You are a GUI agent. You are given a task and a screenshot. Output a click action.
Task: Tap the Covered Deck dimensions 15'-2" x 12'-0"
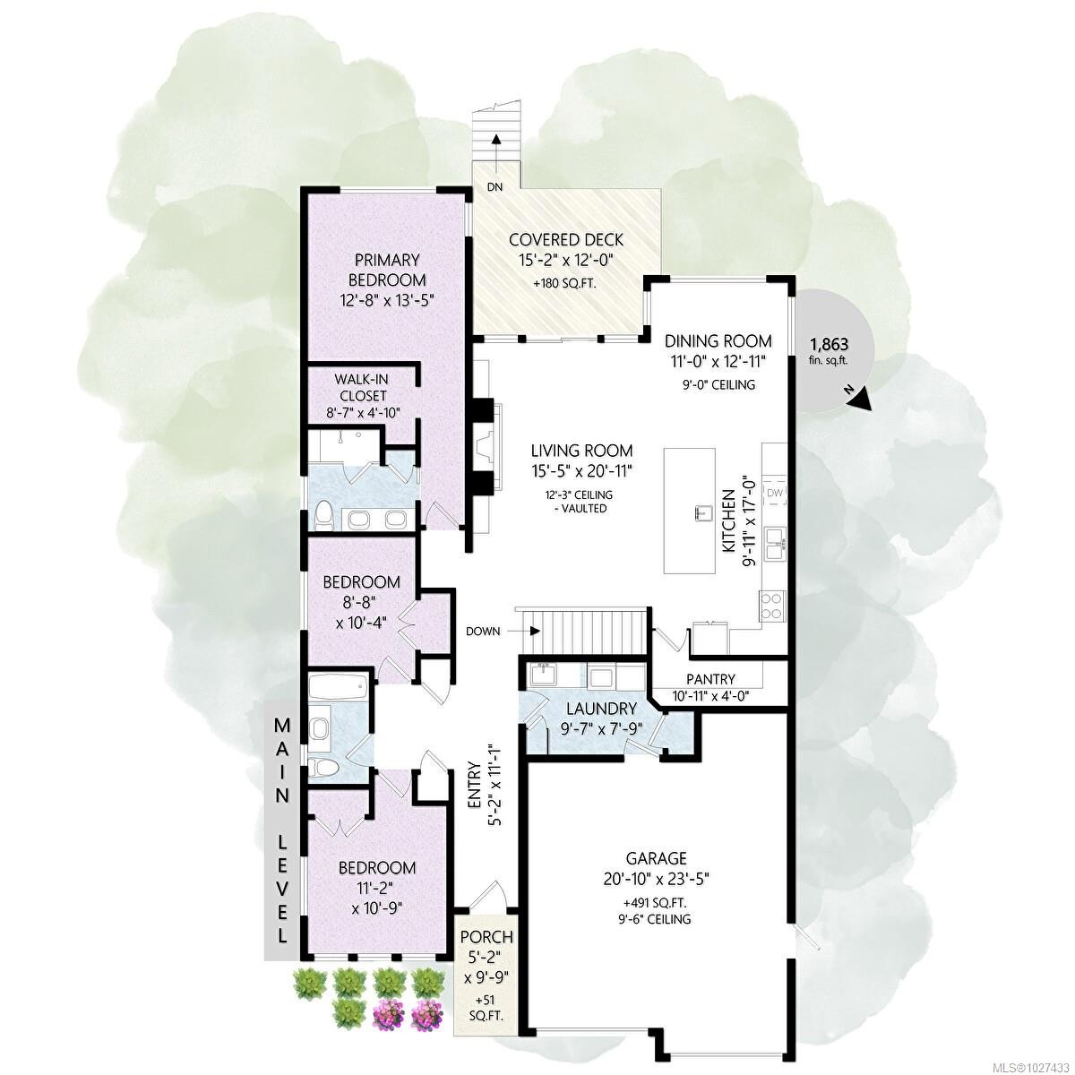point(565,261)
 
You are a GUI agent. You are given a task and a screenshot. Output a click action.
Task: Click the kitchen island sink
point(698,513)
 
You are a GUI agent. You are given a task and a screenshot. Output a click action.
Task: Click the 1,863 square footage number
point(829,344)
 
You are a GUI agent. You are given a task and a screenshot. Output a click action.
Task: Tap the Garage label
point(657,857)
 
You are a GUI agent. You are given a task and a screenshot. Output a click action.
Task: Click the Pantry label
point(710,679)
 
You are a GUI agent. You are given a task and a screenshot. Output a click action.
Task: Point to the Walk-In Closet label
point(362,387)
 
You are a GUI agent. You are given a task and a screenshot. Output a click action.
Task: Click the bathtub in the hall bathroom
point(337,688)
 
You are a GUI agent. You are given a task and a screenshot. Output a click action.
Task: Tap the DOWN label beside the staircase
point(482,631)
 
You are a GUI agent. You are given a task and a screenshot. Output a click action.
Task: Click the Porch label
point(486,937)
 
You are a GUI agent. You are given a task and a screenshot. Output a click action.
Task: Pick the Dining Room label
point(718,340)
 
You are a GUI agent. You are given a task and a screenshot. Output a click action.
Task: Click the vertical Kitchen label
point(729,520)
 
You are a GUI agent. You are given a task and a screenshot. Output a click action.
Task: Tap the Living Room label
point(580,451)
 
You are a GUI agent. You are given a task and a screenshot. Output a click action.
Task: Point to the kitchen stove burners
point(770,606)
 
